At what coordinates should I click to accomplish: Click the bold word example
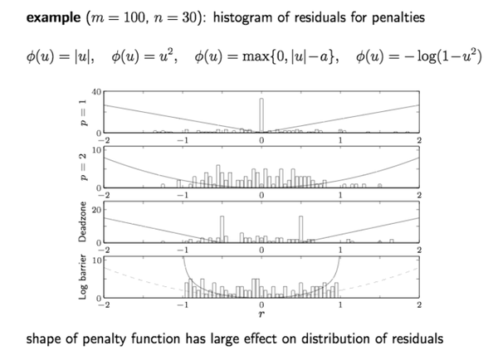(x=53, y=17)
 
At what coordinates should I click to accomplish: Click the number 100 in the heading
(x=134, y=17)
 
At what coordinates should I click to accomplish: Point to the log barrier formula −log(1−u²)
(x=418, y=57)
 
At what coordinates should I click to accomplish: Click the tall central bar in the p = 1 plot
(x=261, y=115)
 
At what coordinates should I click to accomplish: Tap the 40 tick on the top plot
(x=96, y=92)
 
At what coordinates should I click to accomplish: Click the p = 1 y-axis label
(x=83, y=113)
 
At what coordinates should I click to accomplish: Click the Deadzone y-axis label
(x=82, y=221)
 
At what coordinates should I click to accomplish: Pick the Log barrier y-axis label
(x=82, y=276)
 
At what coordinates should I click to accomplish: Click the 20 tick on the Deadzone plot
(x=96, y=210)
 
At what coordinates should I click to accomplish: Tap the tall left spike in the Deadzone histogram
(x=222, y=229)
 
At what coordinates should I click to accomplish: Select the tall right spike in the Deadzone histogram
(x=300, y=229)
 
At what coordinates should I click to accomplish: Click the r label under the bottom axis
(x=261, y=314)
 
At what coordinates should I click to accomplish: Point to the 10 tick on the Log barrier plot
(x=96, y=260)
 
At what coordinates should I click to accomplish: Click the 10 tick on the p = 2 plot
(x=96, y=150)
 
